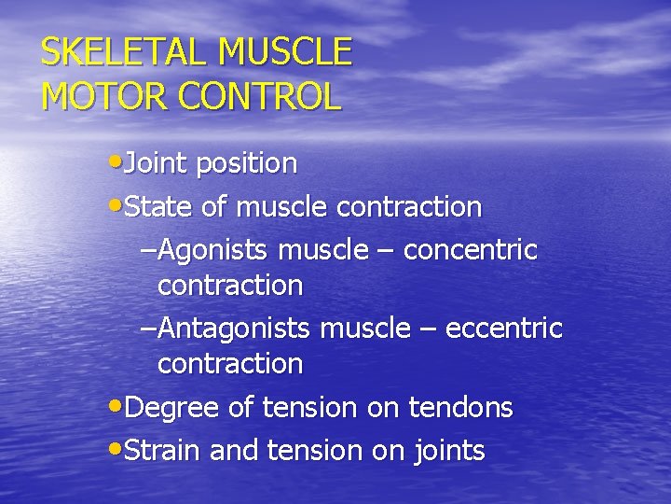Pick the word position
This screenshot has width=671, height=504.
click(243, 164)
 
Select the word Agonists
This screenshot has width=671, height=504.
click(215, 250)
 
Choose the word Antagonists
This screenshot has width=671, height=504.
click(236, 329)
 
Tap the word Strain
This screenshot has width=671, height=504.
click(164, 451)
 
